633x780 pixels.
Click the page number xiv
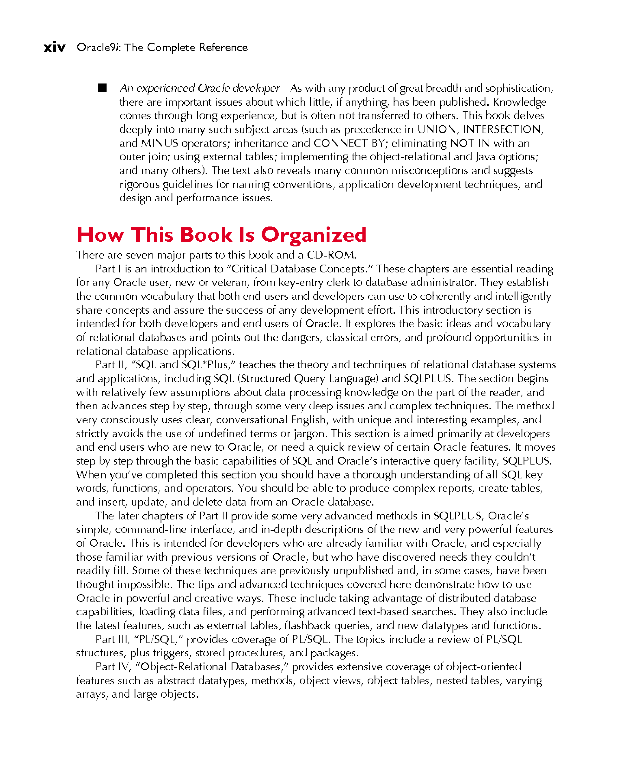click(54, 47)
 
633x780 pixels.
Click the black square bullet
click(103, 88)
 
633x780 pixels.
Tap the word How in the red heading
click(100, 235)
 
